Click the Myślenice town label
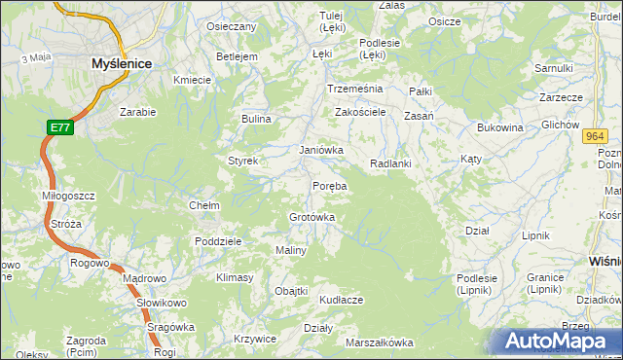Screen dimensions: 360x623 121,62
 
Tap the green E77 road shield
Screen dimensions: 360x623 60,127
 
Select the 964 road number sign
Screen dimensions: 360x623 597,137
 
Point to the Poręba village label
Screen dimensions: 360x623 330,185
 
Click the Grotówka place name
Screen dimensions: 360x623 312,217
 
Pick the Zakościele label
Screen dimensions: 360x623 361,112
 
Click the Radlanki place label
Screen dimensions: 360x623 391,163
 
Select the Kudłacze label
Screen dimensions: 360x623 341,300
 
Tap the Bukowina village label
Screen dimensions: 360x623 500,127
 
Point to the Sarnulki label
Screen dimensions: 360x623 553,68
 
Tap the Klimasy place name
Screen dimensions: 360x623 235,277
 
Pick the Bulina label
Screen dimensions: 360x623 256,119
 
